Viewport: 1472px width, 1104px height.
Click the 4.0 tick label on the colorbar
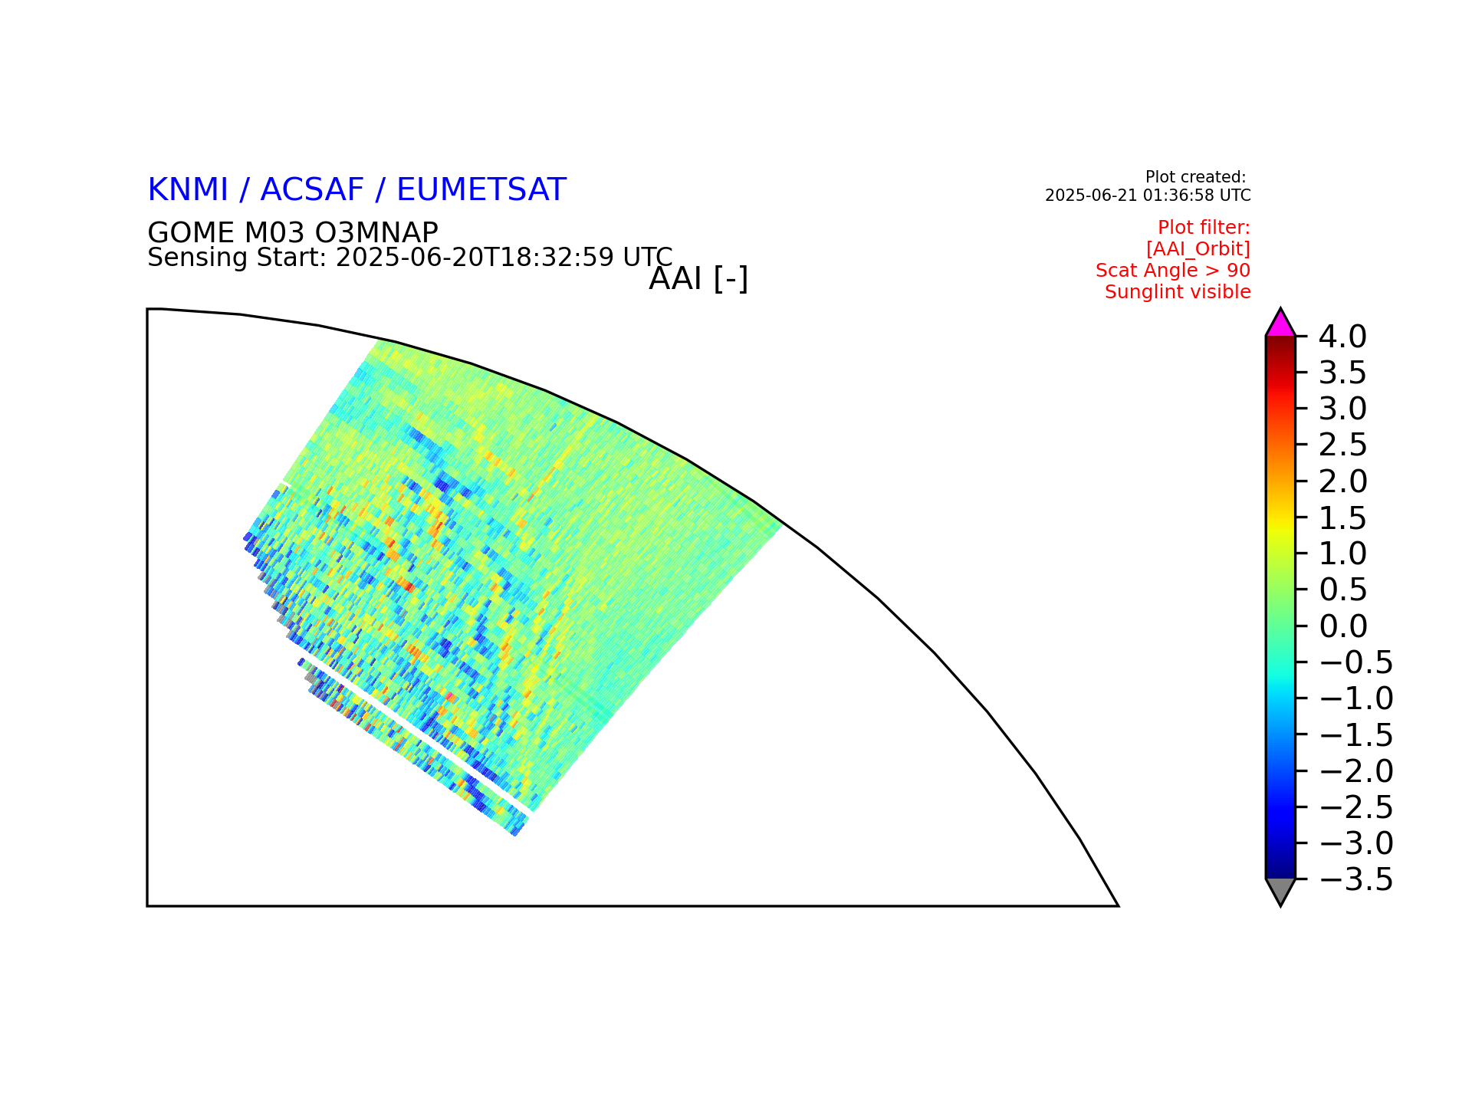point(1342,337)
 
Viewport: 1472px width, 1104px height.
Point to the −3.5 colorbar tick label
point(1355,880)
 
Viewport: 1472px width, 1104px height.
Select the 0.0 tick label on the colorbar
point(1342,626)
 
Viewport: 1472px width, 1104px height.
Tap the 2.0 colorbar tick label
point(1342,481)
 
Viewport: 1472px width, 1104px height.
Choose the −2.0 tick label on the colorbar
point(1355,771)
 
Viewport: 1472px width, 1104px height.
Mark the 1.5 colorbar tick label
point(1342,518)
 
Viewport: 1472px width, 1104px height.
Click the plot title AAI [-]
point(698,279)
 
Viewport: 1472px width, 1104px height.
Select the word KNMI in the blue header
point(188,190)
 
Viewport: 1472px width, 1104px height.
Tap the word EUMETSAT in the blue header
point(481,190)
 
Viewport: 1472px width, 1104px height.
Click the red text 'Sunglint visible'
point(1178,292)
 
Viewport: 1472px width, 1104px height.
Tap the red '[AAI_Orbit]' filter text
point(1198,249)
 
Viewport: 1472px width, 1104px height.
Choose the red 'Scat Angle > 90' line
point(1173,271)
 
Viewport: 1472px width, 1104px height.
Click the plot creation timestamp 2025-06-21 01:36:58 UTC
point(1148,195)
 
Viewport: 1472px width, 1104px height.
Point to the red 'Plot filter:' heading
point(1204,228)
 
